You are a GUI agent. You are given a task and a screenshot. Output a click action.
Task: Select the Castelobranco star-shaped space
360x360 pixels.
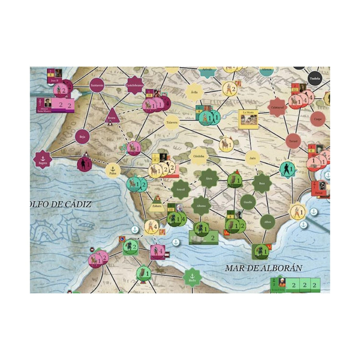pyautogui.click(x=134, y=85)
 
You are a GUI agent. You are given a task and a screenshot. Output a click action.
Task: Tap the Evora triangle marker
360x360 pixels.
pyautogui.click(x=111, y=116)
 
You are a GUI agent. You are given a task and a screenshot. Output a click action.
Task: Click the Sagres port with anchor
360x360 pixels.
pyautogui.click(x=43, y=159)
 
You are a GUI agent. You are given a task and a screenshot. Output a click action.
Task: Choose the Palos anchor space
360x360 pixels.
pyautogui.click(x=113, y=170)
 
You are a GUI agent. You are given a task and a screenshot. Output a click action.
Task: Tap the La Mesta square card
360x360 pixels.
pyautogui.click(x=248, y=119)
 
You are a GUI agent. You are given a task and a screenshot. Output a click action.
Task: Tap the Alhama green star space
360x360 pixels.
pyautogui.click(x=201, y=206)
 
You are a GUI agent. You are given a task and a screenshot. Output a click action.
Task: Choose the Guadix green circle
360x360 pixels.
pyautogui.click(x=248, y=202)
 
